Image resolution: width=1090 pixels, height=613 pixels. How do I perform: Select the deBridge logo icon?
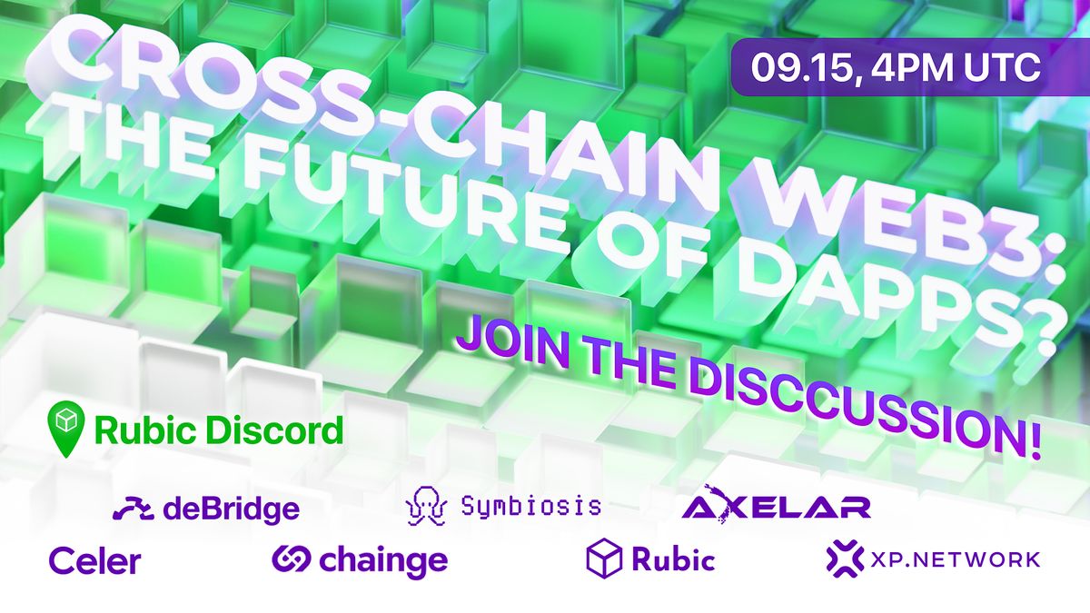pos(133,509)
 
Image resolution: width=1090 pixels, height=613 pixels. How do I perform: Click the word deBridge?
pos(231,509)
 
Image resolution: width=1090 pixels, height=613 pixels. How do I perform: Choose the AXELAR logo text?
pos(777,507)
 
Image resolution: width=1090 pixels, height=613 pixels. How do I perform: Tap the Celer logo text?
pos(94,560)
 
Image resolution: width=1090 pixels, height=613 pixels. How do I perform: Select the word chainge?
pos(383,560)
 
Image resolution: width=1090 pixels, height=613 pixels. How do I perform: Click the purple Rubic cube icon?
pos(603,558)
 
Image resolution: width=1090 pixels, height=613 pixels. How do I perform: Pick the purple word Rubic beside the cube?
pos(673,559)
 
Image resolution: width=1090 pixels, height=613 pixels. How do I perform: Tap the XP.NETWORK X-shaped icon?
pos(844,559)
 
